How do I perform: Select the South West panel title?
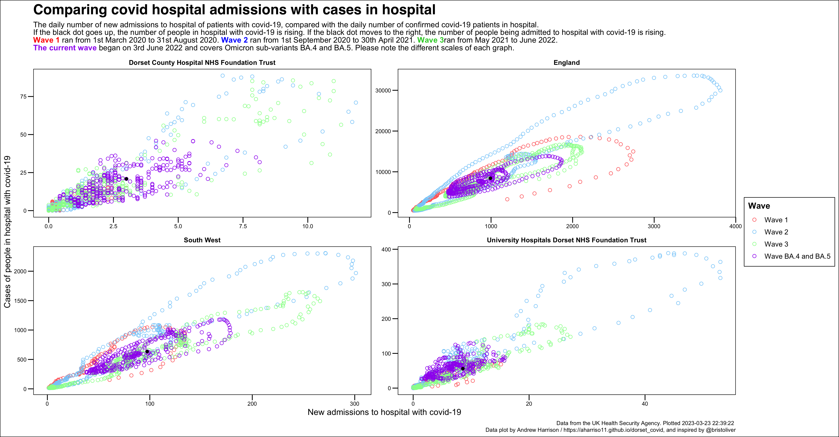[202, 240]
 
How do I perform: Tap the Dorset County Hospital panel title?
[202, 62]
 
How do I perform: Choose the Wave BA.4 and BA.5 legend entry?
[797, 256]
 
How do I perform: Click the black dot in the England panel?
[490, 178]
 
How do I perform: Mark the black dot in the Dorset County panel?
[126, 179]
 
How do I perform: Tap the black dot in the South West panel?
[147, 352]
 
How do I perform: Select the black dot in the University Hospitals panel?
[463, 369]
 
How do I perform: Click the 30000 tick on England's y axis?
[383, 91]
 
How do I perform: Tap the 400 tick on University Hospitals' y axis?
[386, 249]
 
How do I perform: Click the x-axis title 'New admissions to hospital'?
[384, 412]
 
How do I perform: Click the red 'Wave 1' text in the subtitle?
[46, 40]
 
